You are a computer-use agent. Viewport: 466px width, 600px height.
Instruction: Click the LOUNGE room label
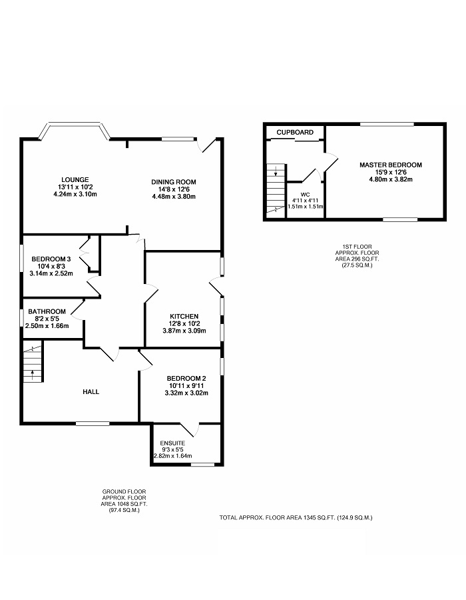point(75,180)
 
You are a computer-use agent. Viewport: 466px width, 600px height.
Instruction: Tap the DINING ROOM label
point(173,182)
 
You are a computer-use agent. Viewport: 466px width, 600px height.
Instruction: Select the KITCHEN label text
point(184,317)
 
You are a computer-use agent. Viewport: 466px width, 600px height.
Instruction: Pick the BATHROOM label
point(47,312)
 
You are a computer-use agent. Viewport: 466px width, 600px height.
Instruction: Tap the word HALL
point(91,392)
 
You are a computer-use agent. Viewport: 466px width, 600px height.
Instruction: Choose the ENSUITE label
point(172,443)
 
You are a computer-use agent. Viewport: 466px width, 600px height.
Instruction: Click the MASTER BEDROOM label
point(391,165)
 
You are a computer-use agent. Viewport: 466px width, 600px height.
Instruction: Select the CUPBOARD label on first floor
point(295,133)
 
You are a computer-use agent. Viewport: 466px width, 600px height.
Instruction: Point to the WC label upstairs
point(305,195)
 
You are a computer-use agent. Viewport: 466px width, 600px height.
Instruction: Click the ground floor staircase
point(33,361)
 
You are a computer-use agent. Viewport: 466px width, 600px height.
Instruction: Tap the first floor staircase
point(276,191)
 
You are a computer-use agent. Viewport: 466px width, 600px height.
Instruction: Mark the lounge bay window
point(75,131)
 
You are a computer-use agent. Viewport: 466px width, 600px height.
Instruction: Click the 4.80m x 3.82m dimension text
point(391,179)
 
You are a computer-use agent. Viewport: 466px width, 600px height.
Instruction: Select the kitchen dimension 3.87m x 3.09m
point(184,330)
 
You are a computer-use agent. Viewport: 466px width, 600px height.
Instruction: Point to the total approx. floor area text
point(296,518)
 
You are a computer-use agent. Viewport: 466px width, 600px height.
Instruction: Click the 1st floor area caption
point(357,256)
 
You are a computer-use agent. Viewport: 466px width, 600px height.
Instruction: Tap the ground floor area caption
point(124,501)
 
